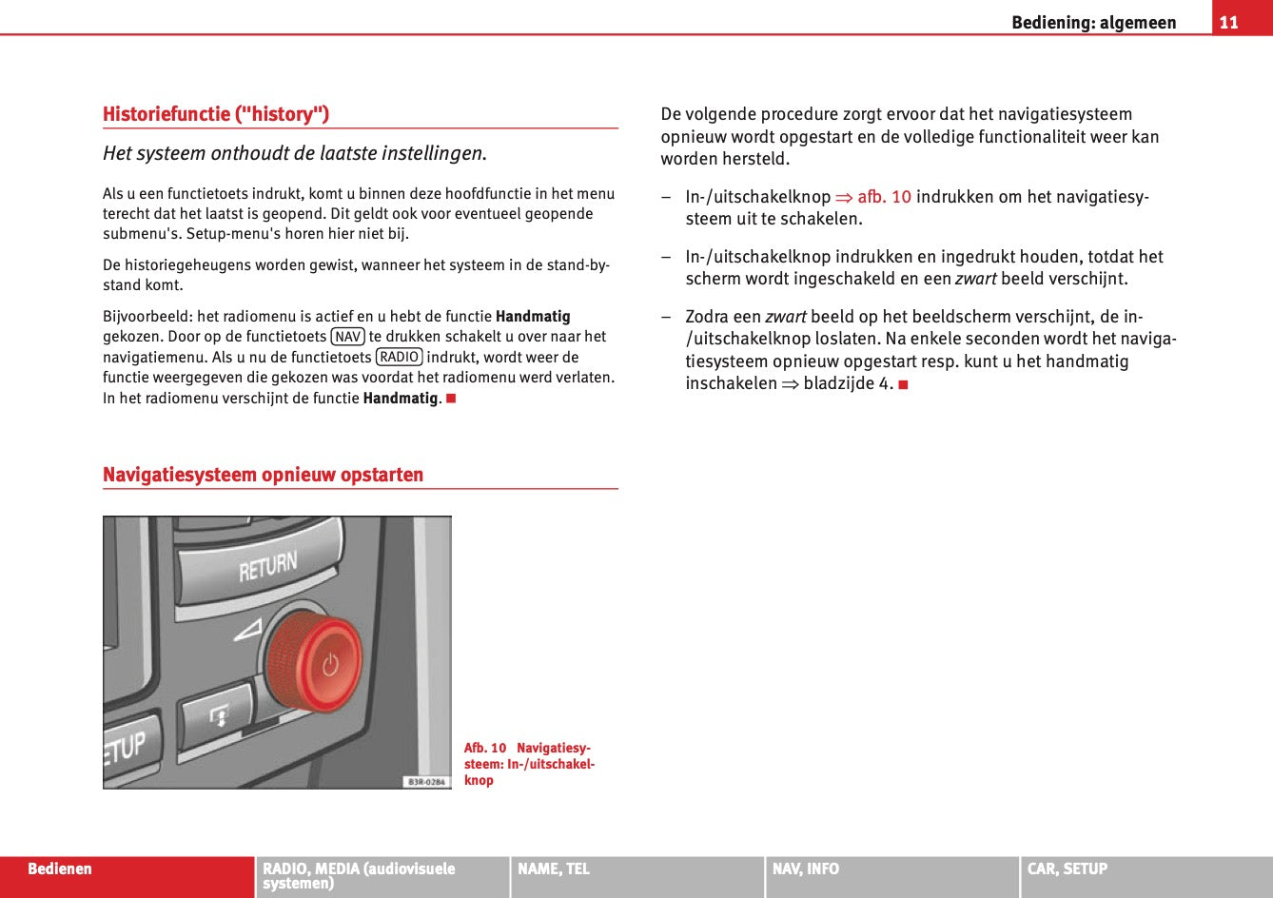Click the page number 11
pyautogui.click(x=1228, y=22)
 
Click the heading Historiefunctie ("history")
pyautogui.click(x=216, y=114)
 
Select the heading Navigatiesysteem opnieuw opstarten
pyautogui.click(x=263, y=475)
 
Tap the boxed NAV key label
pyautogui.click(x=348, y=337)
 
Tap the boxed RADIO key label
pyautogui.click(x=399, y=357)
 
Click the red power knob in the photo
pyautogui.click(x=315, y=662)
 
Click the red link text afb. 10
pyautogui.click(x=884, y=197)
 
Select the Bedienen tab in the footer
pyautogui.click(x=60, y=869)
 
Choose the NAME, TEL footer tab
pyautogui.click(x=554, y=869)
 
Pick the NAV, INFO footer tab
pyautogui.click(x=806, y=869)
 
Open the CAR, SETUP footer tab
pyautogui.click(x=1067, y=869)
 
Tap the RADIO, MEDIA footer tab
pyautogui.click(x=359, y=875)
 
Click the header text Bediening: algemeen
pyautogui.click(x=1093, y=22)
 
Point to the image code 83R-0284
pyautogui.click(x=426, y=781)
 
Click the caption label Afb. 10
pyautogui.click(x=485, y=748)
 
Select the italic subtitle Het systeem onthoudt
pyautogui.click(x=294, y=153)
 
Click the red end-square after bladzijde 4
pyautogui.click(x=903, y=384)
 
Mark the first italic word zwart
pyautogui.click(x=975, y=279)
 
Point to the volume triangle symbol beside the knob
pyautogui.click(x=247, y=629)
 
